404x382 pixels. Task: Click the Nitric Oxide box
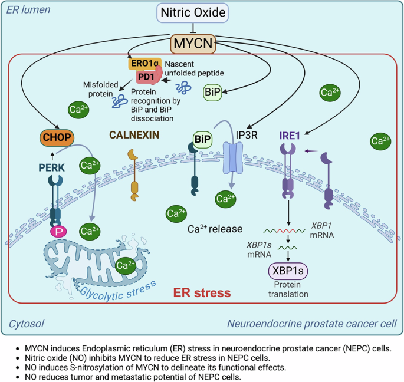(193, 12)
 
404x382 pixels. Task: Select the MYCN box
(193, 43)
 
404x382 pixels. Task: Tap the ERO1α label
(145, 63)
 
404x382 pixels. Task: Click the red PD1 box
(146, 77)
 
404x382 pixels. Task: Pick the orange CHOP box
(57, 137)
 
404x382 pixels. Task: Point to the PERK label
(51, 167)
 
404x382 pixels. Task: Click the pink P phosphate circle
(59, 232)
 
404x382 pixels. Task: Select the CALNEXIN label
(134, 135)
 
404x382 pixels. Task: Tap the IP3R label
(247, 135)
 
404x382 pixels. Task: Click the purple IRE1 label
(290, 136)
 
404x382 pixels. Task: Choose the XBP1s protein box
(288, 271)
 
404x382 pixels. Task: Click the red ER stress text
(202, 293)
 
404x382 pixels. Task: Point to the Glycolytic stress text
(118, 292)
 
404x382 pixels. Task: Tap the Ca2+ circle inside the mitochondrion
(125, 265)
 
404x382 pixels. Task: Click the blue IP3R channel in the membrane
(232, 157)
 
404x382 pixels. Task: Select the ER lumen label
(28, 10)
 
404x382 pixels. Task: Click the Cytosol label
(27, 324)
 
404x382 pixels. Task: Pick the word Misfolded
(100, 84)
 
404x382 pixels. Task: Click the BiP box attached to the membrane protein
(203, 139)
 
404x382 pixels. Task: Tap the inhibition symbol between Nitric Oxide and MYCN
(193, 28)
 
